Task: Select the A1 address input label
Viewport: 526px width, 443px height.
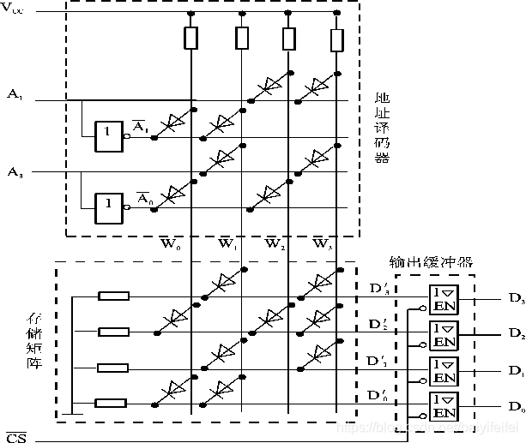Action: tap(15, 93)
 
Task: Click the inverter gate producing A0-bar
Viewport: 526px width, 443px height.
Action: tap(109, 203)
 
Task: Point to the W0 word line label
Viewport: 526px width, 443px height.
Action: tap(172, 244)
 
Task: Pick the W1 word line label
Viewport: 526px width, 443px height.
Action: tap(227, 244)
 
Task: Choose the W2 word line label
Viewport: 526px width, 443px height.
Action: tap(275, 244)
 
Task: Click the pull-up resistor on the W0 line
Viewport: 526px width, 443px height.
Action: tap(190, 38)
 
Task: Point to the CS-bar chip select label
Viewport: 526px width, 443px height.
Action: tap(15, 438)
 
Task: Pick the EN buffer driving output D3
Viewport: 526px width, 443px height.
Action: tap(444, 297)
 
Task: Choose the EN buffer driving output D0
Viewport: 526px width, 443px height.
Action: tap(444, 404)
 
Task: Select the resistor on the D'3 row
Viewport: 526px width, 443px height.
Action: tap(113, 296)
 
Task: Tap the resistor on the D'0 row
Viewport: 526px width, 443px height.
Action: tap(113, 403)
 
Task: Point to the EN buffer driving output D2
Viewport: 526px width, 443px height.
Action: tap(444, 332)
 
